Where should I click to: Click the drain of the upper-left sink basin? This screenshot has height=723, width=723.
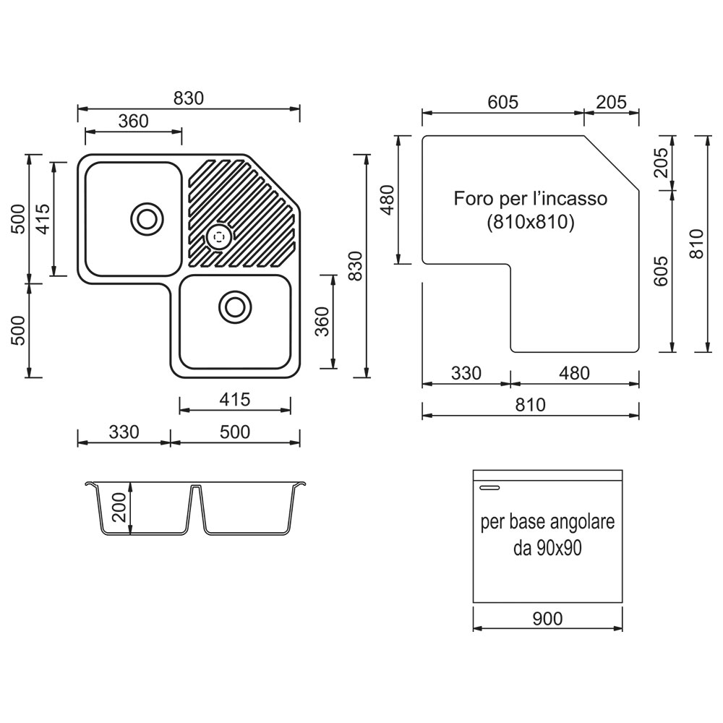point(147,218)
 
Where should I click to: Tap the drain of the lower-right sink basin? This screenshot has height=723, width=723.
point(235,307)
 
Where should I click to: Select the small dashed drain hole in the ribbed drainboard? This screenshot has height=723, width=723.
point(218,237)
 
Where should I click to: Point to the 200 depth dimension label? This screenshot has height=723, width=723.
point(119,508)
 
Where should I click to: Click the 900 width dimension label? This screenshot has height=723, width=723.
point(547,619)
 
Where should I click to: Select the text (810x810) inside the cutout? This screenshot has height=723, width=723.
point(531,222)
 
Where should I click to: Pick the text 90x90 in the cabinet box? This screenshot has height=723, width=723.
point(558,548)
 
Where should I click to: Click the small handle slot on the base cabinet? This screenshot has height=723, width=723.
point(489,487)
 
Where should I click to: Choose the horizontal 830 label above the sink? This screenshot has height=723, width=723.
point(189,98)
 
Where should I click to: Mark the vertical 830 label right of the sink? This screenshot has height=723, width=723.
point(356,266)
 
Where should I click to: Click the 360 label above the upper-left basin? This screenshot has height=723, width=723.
point(133,121)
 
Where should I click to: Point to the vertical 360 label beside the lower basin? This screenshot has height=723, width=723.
point(322,322)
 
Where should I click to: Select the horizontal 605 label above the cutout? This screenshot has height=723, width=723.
point(503,103)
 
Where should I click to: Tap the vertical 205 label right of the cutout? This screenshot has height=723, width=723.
point(662,162)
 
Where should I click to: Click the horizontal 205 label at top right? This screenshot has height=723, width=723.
point(612,103)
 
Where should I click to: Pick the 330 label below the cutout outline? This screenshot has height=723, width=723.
point(466,373)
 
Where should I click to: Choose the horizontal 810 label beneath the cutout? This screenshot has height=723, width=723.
point(530,405)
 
